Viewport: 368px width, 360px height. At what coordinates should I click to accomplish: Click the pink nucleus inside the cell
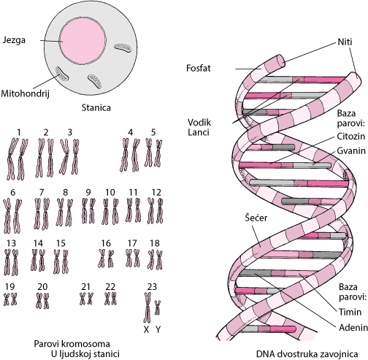83,42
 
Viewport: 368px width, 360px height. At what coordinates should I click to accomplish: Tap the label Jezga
14,40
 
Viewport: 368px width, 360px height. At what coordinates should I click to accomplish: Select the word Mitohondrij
25,93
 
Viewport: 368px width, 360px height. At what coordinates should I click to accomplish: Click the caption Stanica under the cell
96,107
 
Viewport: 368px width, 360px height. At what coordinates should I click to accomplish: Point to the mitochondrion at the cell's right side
123,47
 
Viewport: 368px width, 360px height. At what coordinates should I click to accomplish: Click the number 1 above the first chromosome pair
19,132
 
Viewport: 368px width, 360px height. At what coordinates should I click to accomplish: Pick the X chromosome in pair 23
147,307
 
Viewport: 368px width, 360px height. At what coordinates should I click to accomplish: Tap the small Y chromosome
158,307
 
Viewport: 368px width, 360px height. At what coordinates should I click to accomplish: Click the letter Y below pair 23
158,329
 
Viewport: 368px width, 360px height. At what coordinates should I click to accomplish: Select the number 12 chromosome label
156,193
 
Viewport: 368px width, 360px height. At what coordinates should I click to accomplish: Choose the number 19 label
9,287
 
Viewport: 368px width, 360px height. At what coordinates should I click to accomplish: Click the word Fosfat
199,68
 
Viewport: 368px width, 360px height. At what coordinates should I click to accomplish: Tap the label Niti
345,42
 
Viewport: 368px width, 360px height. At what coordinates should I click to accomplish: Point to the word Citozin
350,137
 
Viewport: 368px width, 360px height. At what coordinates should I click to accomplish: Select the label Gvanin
351,151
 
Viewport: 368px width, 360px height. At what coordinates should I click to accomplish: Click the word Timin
350,312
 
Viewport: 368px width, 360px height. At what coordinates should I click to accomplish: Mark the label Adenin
353,328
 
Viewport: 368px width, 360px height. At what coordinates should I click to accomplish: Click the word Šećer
256,218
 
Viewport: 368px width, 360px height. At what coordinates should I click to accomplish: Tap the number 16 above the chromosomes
106,243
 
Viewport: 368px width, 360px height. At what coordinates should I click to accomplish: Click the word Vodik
199,122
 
